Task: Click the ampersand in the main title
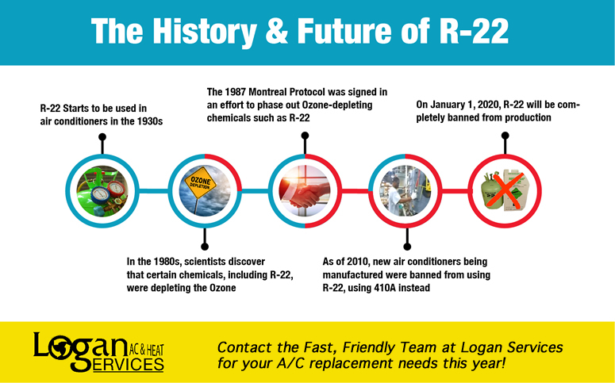[278, 31]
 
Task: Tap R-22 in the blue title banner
[474, 31]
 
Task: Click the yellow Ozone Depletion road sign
[201, 182]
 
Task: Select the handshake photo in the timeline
[305, 191]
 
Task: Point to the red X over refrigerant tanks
[505, 191]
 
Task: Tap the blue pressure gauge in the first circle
[100, 193]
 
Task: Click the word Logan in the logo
[80, 347]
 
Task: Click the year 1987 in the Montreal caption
[235, 92]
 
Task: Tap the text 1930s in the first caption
[150, 121]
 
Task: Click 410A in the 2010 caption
[384, 288]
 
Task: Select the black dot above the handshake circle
[305, 136]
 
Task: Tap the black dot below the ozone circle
[205, 247]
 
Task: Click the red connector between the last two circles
[455, 191]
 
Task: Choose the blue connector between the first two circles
[153, 191]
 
